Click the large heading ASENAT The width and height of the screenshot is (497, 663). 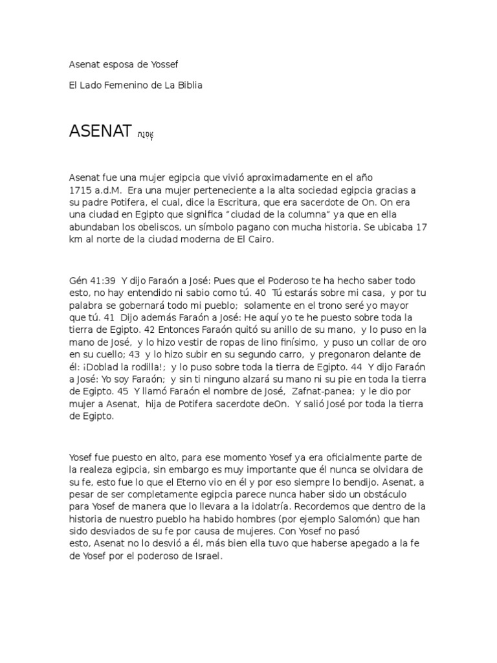(100, 131)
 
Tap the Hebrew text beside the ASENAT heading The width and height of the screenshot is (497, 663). (145, 135)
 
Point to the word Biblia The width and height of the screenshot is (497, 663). (188, 85)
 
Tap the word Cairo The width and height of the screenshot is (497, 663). (261, 240)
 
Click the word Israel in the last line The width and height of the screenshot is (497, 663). (206, 556)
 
